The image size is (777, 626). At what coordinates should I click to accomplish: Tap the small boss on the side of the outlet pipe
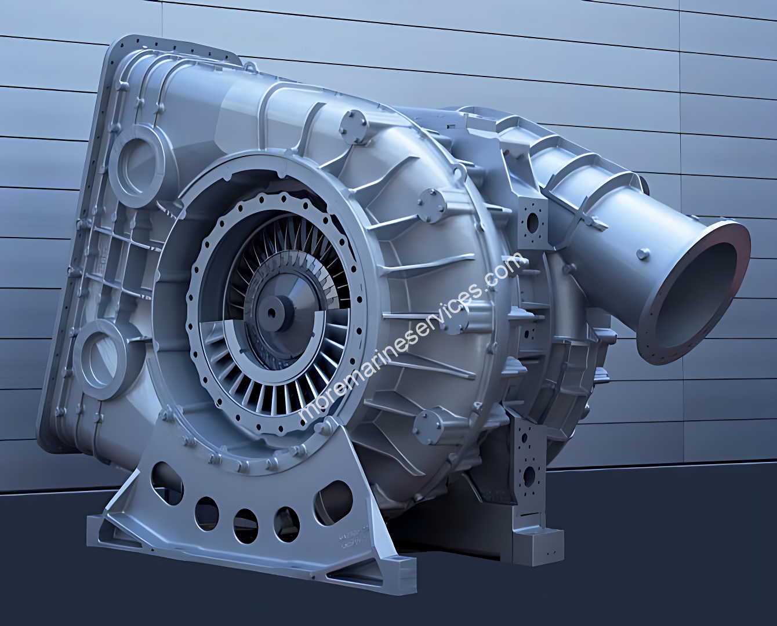(642, 254)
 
